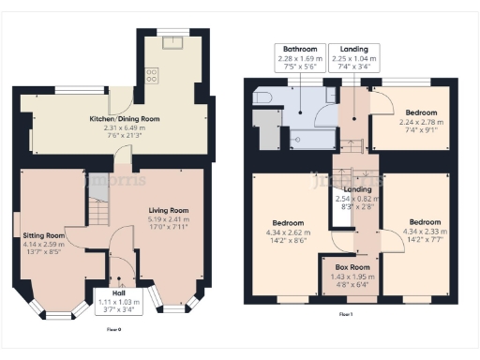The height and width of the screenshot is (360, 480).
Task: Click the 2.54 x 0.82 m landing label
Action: (x=353, y=199)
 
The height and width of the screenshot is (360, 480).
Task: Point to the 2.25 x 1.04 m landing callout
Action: (x=353, y=58)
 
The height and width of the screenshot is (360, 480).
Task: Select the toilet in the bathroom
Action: (x=262, y=98)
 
